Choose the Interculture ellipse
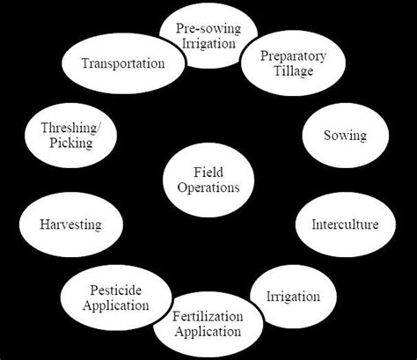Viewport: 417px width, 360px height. (x=344, y=224)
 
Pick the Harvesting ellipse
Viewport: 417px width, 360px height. (x=70, y=224)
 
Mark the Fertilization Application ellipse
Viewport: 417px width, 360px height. (x=207, y=324)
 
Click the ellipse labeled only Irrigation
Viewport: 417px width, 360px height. (x=292, y=297)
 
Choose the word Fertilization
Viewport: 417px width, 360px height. (x=207, y=316)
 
